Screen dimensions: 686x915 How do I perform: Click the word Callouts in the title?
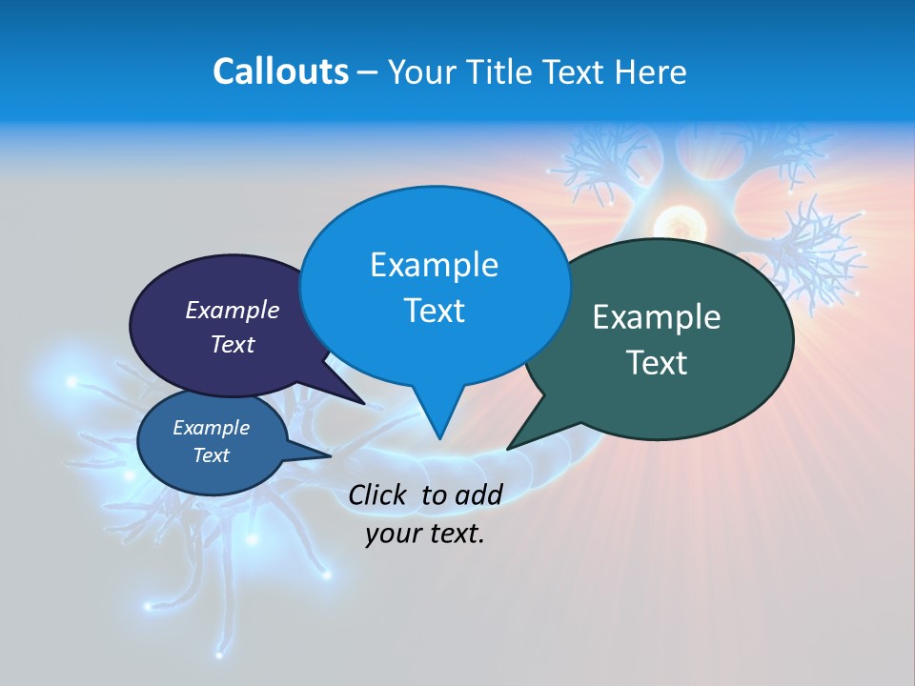tap(280, 71)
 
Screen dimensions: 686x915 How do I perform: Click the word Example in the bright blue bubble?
tap(434, 265)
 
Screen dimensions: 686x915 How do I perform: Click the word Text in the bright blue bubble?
tap(434, 311)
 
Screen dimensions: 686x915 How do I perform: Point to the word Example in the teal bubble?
tap(656, 317)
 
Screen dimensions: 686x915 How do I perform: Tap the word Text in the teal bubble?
tap(656, 363)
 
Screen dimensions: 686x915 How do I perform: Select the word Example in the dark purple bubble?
tap(232, 311)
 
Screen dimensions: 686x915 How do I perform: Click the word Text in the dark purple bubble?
tap(232, 344)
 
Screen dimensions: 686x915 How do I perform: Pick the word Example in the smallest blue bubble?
tap(211, 428)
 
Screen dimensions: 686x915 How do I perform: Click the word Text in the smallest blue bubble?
tap(211, 455)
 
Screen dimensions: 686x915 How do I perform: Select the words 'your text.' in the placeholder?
tap(424, 534)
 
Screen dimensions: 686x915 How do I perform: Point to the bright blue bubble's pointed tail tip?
tap(439, 438)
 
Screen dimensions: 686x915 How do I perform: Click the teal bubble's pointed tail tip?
tap(508, 448)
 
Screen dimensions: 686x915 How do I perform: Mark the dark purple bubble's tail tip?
tap(364, 403)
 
